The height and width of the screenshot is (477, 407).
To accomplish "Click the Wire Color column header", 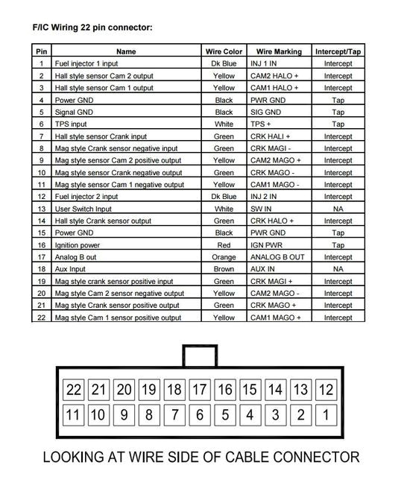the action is (x=224, y=51).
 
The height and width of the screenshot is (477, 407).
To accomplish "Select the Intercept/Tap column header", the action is (x=338, y=51).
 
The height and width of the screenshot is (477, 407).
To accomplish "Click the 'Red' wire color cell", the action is (x=224, y=245).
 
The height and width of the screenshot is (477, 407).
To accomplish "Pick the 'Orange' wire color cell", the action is (x=224, y=257).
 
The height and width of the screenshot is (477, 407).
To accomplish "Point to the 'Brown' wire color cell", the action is (x=224, y=269).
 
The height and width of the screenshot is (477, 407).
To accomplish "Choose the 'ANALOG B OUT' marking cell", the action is (x=277, y=257).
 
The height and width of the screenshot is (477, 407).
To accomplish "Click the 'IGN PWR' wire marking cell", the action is (x=268, y=245).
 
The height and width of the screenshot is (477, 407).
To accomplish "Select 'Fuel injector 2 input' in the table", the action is (x=86, y=197).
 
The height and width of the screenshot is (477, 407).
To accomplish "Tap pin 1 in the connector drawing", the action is (x=325, y=414).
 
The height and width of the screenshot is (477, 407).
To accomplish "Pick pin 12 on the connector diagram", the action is (x=325, y=389).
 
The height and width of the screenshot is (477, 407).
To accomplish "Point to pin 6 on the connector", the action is (x=200, y=414).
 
